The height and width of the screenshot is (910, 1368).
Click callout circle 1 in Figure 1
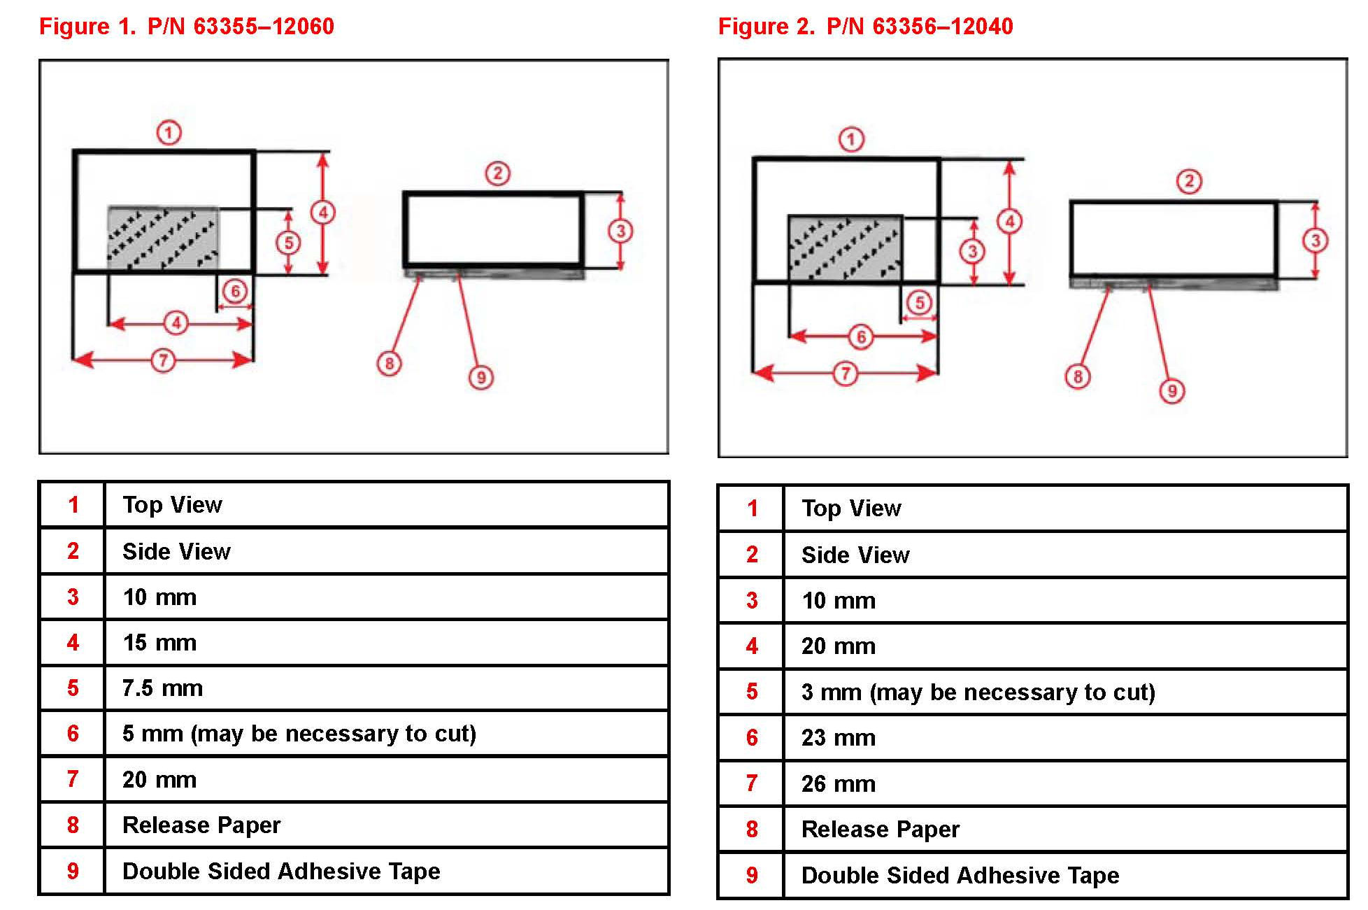tap(169, 132)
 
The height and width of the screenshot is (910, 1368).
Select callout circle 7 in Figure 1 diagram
tap(163, 360)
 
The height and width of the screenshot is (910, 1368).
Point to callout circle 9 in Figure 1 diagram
tap(481, 378)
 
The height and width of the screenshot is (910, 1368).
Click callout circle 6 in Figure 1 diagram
tap(235, 291)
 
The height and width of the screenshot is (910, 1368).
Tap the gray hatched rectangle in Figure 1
tap(163, 237)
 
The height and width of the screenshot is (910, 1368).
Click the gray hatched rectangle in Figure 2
tap(845, 248)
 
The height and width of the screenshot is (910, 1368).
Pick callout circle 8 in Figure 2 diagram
tap(1078, 377)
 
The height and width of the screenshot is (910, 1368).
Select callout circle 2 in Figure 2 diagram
tap(1189, 181)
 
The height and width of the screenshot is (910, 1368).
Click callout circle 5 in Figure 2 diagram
tap(920, 303)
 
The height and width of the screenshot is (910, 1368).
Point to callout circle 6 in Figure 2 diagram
tap(862, 337)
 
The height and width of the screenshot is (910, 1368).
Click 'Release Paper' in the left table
tap(201, 825)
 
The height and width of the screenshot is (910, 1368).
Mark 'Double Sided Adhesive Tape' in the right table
tap(960, 876)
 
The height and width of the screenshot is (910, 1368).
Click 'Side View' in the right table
tap(855, 555)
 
